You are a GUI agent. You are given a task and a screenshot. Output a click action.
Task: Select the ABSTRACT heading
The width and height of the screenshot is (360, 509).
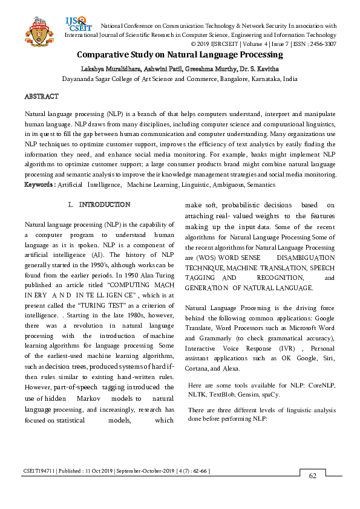41,97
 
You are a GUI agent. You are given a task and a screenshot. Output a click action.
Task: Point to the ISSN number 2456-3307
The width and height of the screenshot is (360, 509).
321,44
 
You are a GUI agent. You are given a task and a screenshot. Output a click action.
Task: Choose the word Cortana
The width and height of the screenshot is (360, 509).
197,369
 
